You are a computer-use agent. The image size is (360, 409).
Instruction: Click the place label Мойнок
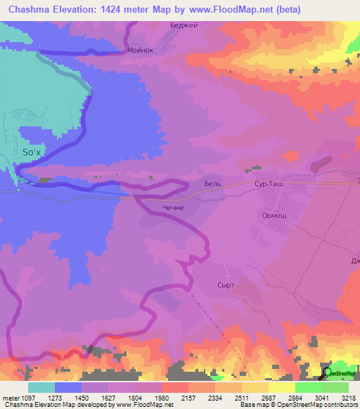[x=141, y=51]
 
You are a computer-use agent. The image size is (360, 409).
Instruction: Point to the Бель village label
[x=212, y=183]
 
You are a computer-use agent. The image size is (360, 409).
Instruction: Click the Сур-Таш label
[x=267, y=183]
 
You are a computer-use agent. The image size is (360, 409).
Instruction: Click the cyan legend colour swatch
[x=41, y=387]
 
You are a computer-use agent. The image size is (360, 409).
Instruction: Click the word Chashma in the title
[x=30, y=9]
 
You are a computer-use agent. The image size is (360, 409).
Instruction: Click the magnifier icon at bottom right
[x=325, y=373]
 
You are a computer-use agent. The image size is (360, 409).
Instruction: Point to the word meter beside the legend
[x=10, y=397]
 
